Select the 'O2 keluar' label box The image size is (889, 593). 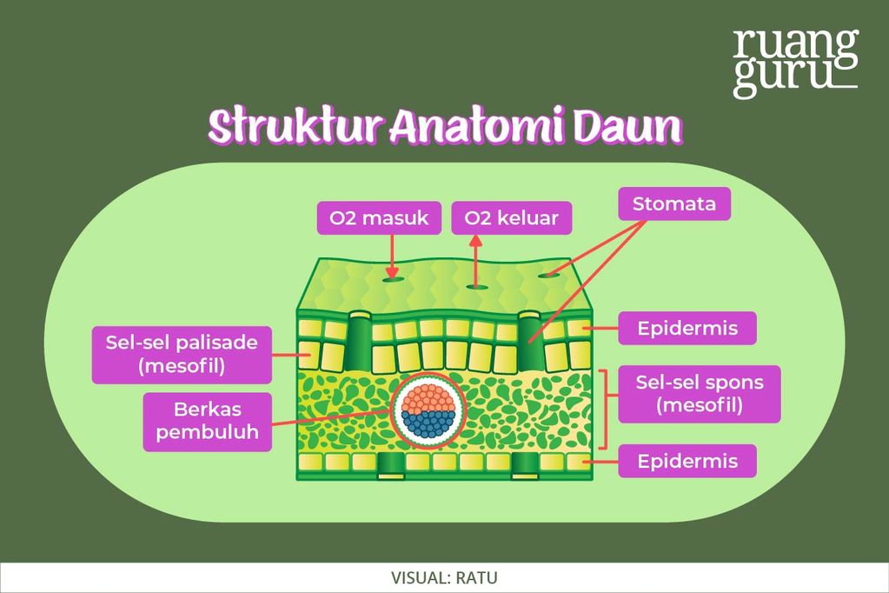tap(511, 218)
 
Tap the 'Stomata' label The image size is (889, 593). tap(673, 205)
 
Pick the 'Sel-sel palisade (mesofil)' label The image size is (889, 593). tap(182, 354)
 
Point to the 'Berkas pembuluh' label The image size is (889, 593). tap(207, 421)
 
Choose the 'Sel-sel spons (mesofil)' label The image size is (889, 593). tap(699, 393)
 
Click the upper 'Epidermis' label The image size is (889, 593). tap(687, 329)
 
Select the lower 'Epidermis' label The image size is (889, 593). tap(687, 461)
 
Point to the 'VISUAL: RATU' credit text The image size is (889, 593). tap(444, 577)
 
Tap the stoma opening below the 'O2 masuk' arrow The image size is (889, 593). tap(393, 280)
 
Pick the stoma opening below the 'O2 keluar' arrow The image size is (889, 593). tap(474, 285)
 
